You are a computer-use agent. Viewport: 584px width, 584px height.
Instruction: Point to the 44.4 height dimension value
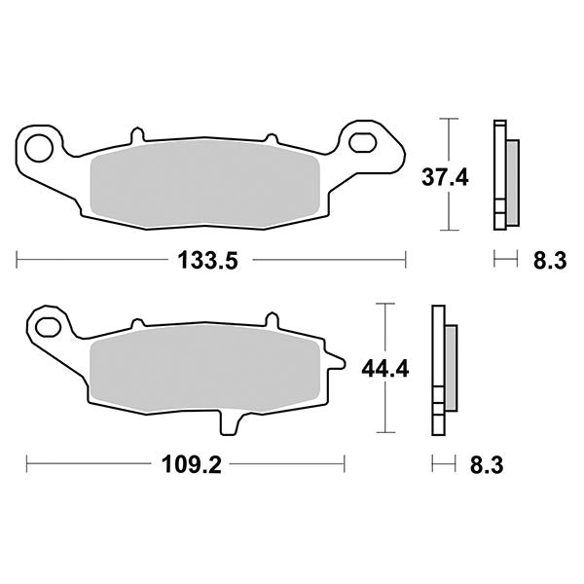pos(384,368)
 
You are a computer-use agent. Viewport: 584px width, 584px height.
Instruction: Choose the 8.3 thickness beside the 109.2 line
pos(488,464)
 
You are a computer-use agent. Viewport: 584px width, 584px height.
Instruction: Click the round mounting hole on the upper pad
pos(39,149)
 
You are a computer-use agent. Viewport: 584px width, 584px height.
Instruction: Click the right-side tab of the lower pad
pos(338,364)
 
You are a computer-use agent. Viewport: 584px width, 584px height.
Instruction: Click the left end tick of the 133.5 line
pos(18,260)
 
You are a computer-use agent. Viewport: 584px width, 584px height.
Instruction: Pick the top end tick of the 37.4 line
pos(447,119)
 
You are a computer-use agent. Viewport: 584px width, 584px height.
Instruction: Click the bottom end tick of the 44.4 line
pos(387,432)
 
